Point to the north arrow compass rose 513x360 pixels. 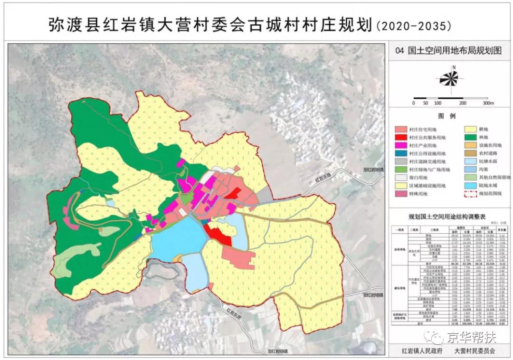tap(448, 79)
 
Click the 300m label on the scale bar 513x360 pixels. tap(488, 103)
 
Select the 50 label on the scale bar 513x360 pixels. tap(426, 103)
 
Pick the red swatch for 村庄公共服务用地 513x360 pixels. tap(401, 138)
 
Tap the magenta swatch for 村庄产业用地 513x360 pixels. tap(401, 146)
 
